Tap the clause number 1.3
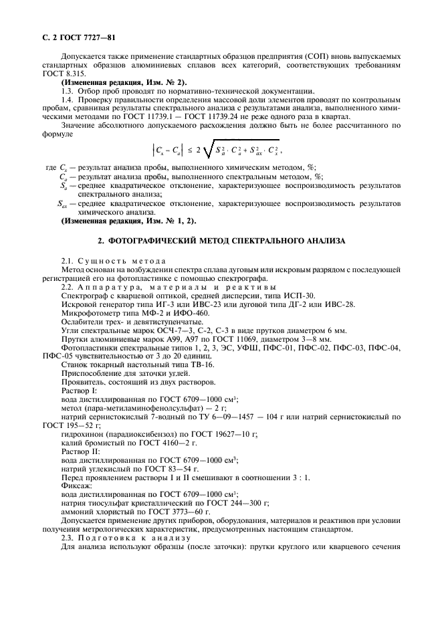[x=68, y=90]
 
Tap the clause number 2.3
[x=68, y=538]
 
